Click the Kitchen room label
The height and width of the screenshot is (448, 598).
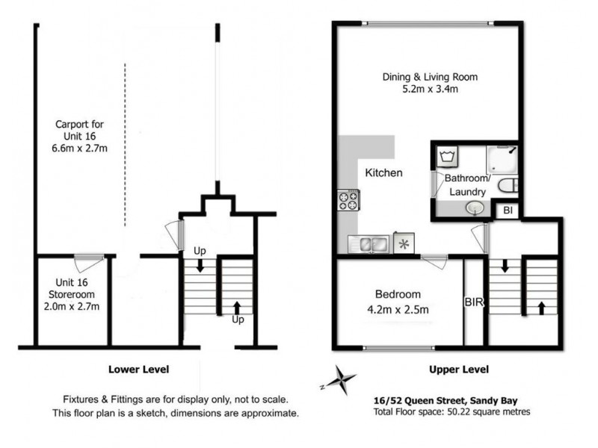pyautogui.click(x=383, y=172)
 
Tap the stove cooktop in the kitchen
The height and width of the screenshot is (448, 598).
pyautogui.click(x=348, y=201)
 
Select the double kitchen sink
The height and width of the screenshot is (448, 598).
pyautogui.click(x=369, y=244)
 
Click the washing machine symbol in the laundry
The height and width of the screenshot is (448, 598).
pyautogui.click(x=447, y=156)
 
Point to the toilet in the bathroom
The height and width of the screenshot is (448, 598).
pyautogui.click(x=508, y=185)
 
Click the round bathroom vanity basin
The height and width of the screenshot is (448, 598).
pyautogui.click(x=475, y=208)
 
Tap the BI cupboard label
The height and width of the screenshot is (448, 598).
pyautogui.click(x=508, y=210)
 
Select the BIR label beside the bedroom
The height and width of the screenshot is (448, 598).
pyautogui.click(x=474, y=302)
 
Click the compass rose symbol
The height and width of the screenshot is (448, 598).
pyautogui.click(x=339, y=380)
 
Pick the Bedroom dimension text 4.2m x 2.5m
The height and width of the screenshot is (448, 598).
pyautogui.click(x=398, y=309)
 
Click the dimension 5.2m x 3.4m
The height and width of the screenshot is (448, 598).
pyautogui.click(x=431, y=89)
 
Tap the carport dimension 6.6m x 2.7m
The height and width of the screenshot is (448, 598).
pyautogui.click(x=79, y=148)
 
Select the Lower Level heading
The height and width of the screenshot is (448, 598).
pyautogui.click(x=139, y=369)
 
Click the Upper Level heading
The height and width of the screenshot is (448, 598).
pyautogui.click(x=459, y=369)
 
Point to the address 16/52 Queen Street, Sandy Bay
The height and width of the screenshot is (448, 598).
pyautogui.click(x=446, y=401)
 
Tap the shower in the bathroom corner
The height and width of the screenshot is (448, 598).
pyautogui.click(x=502, y=159)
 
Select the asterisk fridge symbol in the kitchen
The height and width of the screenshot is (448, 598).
pyautogui.click(x=404, y=243)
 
